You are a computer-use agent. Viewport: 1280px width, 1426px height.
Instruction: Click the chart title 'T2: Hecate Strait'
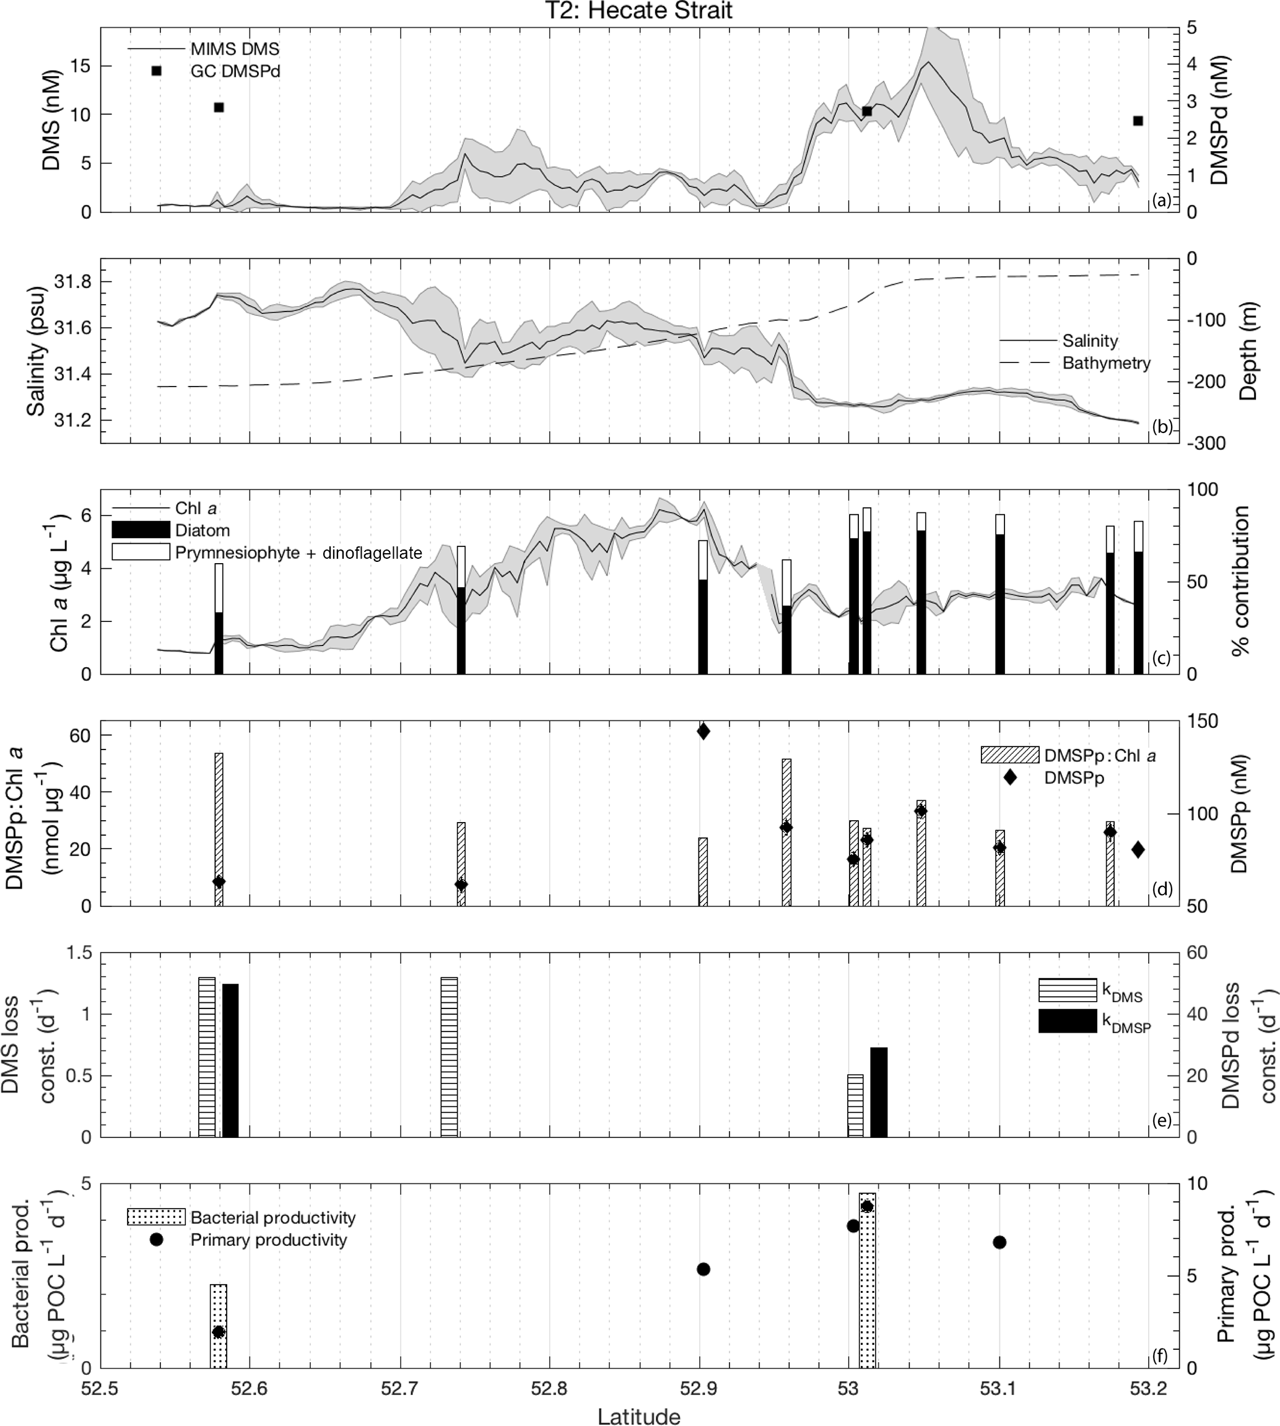tap(638, 11)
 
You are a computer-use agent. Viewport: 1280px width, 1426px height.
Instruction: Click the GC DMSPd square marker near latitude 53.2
tap(1138, 121)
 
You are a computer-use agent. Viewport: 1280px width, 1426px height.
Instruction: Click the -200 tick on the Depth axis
tap(1206, 382)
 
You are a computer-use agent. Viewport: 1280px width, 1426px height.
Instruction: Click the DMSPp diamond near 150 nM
tap(703, 732)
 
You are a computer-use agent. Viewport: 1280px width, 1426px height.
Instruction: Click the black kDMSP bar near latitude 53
tap(879, 1092)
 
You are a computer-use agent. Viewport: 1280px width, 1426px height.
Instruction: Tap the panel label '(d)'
tap(1162, 888)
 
